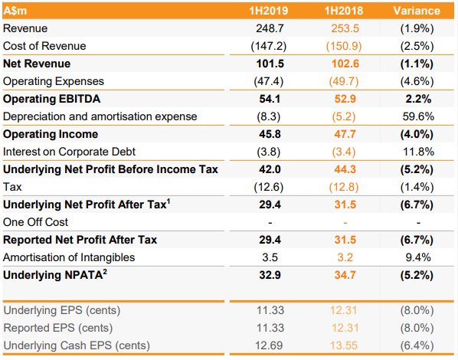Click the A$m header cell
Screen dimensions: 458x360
(15, 11)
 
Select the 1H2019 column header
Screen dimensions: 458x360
(268, 11)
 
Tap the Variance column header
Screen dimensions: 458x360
(417, 11)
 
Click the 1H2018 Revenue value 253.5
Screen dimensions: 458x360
(345, 28)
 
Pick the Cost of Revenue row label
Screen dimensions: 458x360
(44, 46)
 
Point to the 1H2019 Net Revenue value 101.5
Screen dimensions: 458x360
(270, 64)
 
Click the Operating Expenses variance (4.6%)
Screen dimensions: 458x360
(417, 81)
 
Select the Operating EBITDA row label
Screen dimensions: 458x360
(52, 99)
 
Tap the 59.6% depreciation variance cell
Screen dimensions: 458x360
(418, 116)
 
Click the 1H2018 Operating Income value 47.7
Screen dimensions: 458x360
(345, 134)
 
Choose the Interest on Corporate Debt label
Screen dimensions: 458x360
(69, 152)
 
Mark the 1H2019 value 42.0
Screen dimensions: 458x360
(270, 169)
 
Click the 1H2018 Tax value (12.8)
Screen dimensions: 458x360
(344, 187)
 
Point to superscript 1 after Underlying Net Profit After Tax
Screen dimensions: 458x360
(168, 201)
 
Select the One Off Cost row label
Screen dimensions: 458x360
(35, 222)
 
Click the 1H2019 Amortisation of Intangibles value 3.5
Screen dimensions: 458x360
(270, 257)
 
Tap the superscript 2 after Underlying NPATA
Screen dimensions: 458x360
(105, 272)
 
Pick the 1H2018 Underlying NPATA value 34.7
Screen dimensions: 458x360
(345, 275)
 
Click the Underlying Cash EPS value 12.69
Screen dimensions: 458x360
(269, 345)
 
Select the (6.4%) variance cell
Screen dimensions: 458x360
(417, 345)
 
